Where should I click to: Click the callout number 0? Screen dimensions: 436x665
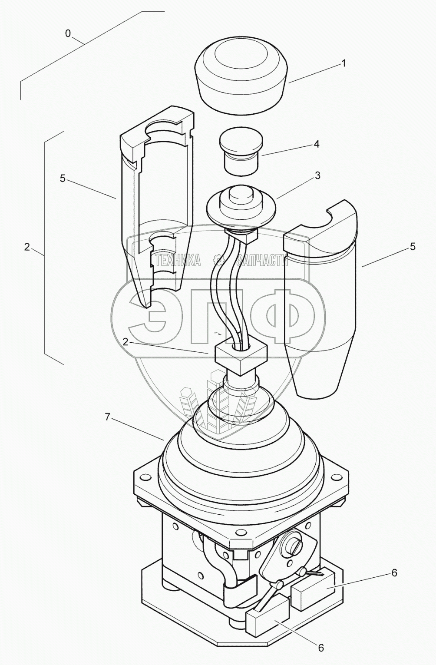68,34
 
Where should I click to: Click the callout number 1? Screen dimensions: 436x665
344,63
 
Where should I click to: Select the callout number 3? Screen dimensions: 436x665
317,175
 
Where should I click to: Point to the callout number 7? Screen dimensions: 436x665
107,417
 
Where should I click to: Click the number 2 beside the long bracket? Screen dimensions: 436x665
27,247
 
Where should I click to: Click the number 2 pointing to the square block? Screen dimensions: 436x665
125,342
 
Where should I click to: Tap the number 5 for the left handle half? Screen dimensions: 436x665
63,179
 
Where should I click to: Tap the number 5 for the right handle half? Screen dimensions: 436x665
413,247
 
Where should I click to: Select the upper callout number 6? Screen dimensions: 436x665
394,573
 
